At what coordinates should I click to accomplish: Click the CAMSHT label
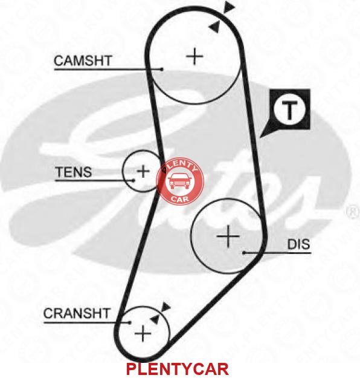83,60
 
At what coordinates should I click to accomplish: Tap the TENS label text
74,172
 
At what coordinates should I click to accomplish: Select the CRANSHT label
77,313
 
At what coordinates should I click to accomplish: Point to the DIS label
298,244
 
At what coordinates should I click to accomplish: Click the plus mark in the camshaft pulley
194,56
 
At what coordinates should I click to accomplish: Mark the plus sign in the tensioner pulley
143,171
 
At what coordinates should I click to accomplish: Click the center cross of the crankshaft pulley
143,334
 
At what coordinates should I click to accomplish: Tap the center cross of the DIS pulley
228,236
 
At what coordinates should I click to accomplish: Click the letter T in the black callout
289,111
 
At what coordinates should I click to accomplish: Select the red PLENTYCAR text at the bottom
177,369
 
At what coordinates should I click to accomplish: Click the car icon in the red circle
179,181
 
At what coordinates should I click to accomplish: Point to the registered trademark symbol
353,212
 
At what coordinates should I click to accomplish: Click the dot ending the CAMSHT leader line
162,70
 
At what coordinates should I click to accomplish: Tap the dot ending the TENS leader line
133,180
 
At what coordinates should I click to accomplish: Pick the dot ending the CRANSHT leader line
129,322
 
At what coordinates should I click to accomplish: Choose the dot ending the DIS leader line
243,253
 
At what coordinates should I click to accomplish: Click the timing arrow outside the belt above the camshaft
229,7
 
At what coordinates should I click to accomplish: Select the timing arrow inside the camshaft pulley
215,27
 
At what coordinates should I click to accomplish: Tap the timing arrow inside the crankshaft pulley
155,319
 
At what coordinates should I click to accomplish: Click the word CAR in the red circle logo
180,199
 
